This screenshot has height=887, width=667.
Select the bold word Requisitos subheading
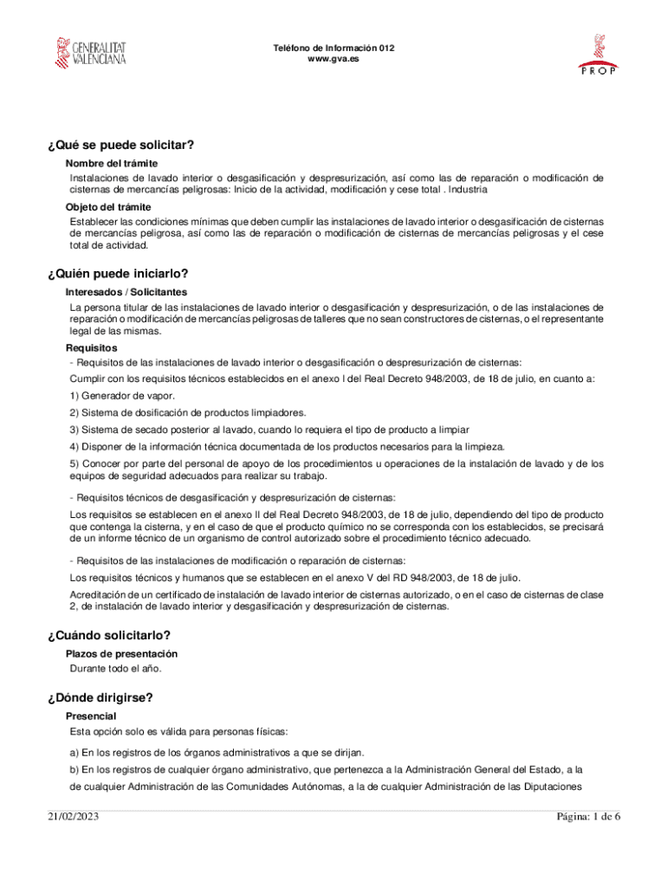[93, 347]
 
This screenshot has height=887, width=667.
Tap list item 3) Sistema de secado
[269, 430]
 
